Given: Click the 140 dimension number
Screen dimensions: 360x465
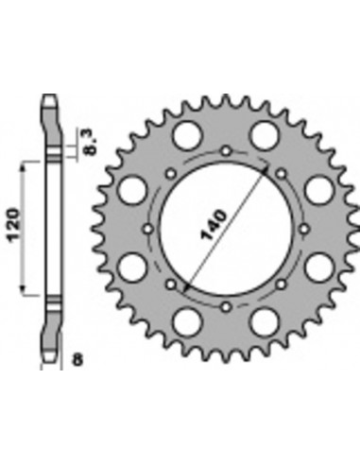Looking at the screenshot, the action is coord(214,225).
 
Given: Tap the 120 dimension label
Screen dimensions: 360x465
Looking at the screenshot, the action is coord(14,225).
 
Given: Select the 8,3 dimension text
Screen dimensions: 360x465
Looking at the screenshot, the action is coord(90,142).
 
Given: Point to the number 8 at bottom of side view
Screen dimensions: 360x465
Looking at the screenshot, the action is coord(77,359).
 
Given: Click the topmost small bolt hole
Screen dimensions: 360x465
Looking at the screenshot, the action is coord(226,151).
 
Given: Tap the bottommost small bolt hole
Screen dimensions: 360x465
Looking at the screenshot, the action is coord(226,307).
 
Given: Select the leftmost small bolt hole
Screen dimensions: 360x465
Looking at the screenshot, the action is coord(148,229).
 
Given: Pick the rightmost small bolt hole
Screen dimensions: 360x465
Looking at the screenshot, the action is coord(303,229).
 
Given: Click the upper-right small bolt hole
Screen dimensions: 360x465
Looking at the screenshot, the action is coord(281,174).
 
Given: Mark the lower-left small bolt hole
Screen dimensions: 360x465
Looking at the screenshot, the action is coord(171,284).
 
